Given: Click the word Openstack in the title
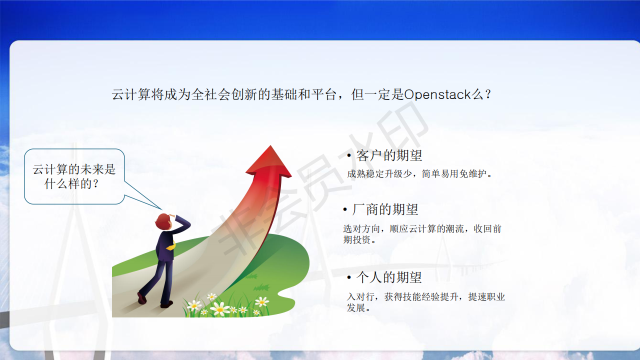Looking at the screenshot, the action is coord(437,94).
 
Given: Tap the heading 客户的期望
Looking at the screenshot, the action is coord(389,155).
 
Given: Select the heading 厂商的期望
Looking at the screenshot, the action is coord(385,209).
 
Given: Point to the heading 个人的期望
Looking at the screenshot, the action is coord(389,277).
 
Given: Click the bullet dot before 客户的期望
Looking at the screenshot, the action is coord(349,156).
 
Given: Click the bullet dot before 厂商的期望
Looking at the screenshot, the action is coord(345,210).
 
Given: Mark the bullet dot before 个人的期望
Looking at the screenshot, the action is coord(349,277).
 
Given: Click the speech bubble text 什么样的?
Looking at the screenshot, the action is coord(71,183).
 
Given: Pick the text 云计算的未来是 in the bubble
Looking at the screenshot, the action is coord(74,169).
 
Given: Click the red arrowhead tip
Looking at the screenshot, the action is coord(270,145).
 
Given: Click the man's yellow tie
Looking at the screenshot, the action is coord(171,246).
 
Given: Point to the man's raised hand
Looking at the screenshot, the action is coord(172,215).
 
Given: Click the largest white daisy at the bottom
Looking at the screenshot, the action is coord(220,309).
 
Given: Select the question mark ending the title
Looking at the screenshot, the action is coord(488,94).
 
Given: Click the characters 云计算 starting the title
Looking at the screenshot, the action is coord(131,94).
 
